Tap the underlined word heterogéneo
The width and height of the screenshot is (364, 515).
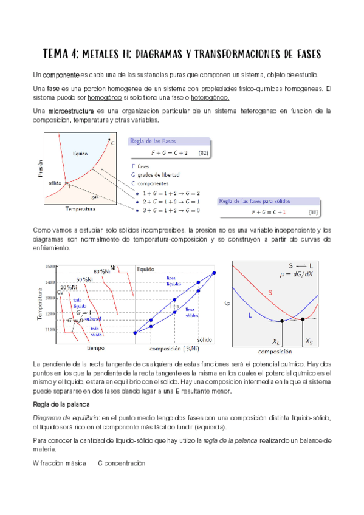click(210, 98)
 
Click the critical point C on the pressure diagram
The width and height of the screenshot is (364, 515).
click(112, 143)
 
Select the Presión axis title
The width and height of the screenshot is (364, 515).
click(38, 168)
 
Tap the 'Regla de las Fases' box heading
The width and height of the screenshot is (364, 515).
click(153, 141)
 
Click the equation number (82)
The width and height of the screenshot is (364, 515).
click(205, 152)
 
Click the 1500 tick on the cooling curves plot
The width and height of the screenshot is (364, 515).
click(49, 266)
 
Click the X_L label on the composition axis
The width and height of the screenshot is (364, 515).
click(277, 343)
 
